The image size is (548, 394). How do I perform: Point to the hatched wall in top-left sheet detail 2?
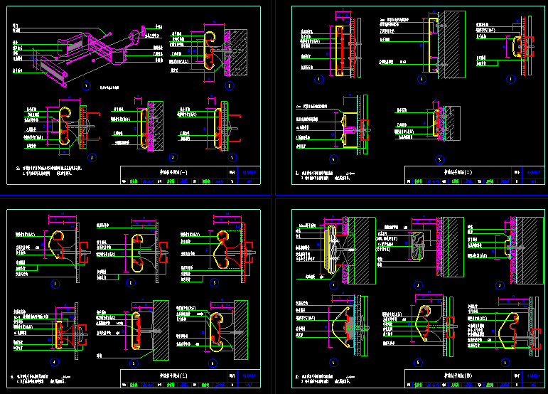pos(238,50)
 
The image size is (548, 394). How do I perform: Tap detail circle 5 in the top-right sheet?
pos(439,159)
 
